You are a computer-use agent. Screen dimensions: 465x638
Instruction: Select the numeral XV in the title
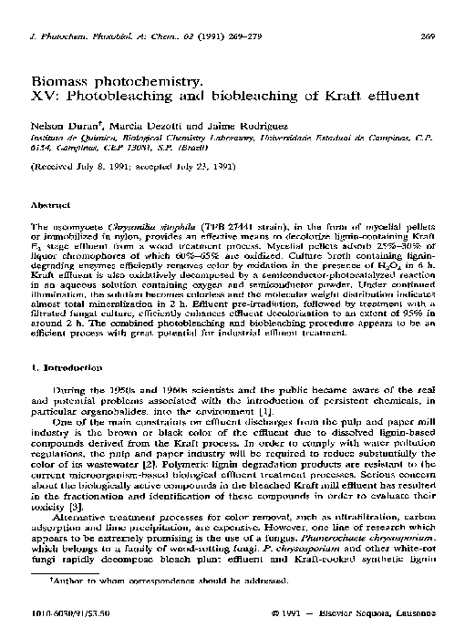click(42, 97)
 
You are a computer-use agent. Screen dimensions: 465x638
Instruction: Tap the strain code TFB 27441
click(205, 223)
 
